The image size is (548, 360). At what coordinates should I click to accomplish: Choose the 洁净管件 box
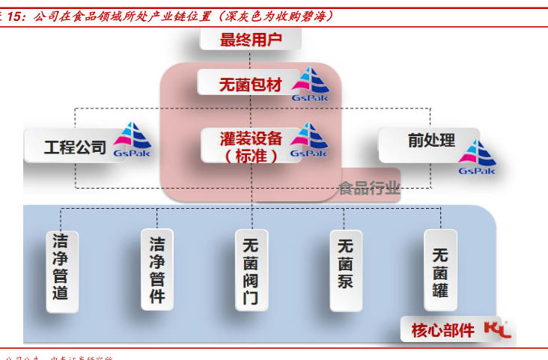156,269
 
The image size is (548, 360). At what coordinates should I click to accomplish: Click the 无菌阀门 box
251,270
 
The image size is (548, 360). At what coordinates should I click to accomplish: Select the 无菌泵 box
345,270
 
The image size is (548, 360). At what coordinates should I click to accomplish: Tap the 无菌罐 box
439,269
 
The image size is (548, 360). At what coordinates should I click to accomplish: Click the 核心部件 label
443,329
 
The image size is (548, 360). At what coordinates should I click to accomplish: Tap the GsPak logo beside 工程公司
133,141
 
